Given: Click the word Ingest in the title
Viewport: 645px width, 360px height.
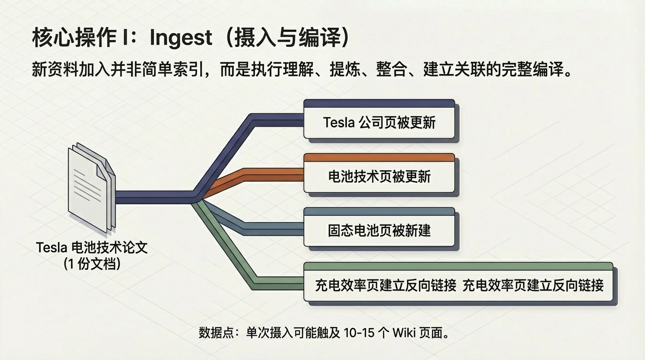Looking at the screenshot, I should pyautogui.click(x=181, y=38).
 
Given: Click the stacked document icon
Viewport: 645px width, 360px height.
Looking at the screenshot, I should pyautogui.click(x=91, y=187).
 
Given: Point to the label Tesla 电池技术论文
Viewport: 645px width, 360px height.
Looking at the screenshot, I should pyautogui.click(x=92, y=247).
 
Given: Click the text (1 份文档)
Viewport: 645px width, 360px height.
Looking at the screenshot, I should pyautogui.click(x=92, y=263).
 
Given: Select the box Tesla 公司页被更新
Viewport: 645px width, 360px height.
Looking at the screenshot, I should pyautogui.click(x=379, y=123).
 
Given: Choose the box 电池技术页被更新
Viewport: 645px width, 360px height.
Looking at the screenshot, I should pyautogui.click(x=379, y=177).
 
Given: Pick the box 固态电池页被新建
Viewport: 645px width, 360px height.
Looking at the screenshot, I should pyautogui.click(x=379, y=231).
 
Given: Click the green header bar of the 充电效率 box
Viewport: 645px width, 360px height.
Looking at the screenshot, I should pyautogui.click(x=458, y=266).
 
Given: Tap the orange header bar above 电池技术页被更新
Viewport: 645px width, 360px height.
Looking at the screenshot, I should pyautogui.click(x=379, y=157).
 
